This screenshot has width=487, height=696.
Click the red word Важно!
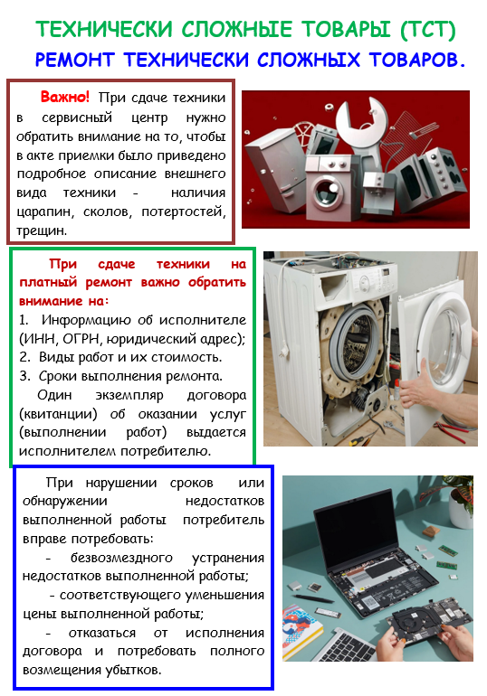coord(65,97)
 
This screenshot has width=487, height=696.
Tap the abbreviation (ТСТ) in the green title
coord(428,30)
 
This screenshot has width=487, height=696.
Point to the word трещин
coord(42,230)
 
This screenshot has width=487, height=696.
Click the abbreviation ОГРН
coord(80,339)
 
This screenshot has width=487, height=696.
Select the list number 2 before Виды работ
coord(24,357)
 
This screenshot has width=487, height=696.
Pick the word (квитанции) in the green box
coord(58,414)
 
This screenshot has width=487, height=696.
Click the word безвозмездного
coord(121,558)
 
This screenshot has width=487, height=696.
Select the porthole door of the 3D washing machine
coord(326,191)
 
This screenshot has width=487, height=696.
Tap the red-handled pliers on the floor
coord(454,427)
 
